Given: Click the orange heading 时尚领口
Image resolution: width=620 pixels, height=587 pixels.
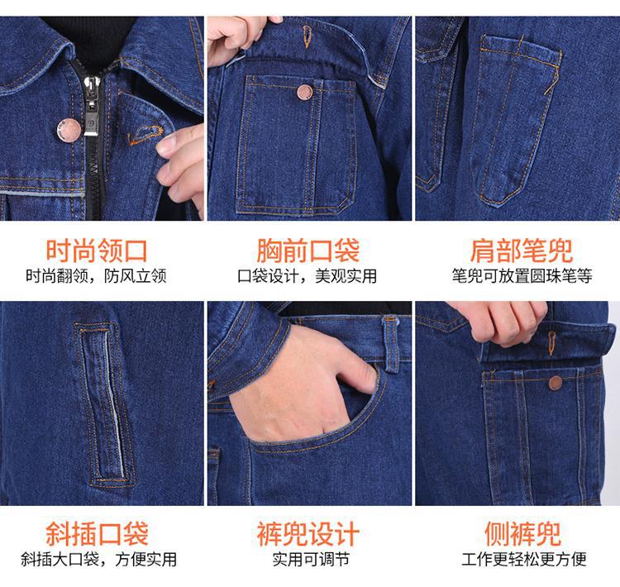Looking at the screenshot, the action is coord(97,251).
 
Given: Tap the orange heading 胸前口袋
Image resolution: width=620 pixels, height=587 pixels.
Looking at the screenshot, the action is coord(308,251).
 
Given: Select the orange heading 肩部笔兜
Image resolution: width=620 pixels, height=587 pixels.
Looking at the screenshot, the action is coord(522,251).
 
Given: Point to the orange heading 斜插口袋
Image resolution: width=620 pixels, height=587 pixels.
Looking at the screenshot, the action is coord(97,533).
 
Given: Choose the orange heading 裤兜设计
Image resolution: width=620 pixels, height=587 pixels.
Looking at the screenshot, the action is coord(308,533).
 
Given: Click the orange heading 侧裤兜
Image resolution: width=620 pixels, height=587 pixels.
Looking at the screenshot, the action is coord(522,533).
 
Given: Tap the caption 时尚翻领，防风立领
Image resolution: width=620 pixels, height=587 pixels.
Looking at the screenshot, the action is coord(96,276).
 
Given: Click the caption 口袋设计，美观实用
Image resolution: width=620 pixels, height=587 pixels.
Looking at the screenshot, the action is coord(308,276).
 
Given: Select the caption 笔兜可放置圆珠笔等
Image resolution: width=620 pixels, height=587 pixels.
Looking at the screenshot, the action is coord(522,276).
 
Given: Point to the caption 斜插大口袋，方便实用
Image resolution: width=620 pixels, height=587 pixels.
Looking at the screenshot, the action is coord(99,560).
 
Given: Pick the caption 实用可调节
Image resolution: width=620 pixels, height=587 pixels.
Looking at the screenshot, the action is coord(311,560).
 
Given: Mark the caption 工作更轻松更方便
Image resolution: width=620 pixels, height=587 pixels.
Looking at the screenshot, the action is coord(524,560).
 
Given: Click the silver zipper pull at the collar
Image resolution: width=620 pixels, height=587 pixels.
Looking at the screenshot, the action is coord(91,106).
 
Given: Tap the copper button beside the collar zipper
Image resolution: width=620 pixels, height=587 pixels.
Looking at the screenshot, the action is coord(69,130).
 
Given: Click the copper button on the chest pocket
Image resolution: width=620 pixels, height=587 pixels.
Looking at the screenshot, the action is coord(304,92).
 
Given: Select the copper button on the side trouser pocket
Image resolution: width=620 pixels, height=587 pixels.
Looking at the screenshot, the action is coord(556,383).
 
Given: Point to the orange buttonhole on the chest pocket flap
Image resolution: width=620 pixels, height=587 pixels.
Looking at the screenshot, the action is coord(307,36).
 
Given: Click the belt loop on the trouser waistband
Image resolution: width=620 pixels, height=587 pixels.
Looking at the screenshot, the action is coord(391,345).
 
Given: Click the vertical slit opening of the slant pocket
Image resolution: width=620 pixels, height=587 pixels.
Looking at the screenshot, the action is coord(106,403).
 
